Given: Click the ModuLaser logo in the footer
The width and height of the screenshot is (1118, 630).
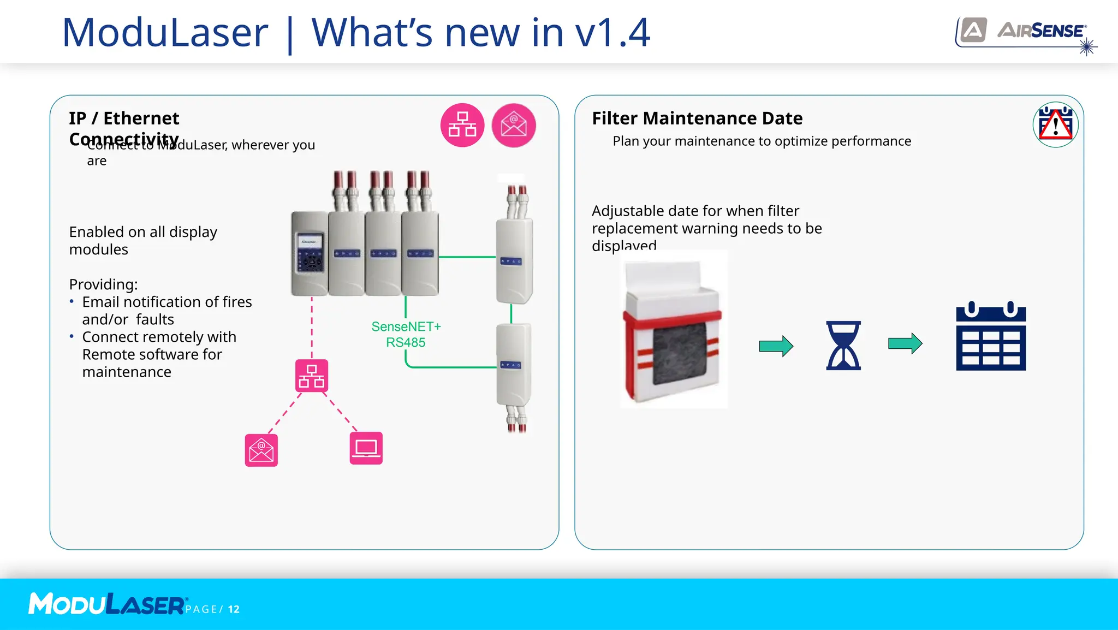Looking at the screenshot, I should pyautogui.click(x=107, y=604).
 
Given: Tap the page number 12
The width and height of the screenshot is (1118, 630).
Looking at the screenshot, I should pyautogui.click(x=234, y=609).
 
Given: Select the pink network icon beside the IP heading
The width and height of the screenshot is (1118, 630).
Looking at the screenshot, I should pyautogui.click(x=462, y=125).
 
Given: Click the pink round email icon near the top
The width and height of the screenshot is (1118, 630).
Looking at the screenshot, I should pyautogui.click(x=514, y=125).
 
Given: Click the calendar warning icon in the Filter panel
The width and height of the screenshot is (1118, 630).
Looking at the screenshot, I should pyautogui.click(x=1055, y=124).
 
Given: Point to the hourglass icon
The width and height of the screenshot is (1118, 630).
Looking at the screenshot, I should pyautogui.click(x=843, y=345).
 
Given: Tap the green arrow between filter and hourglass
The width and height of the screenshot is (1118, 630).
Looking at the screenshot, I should pyautogui.click(x=776, y=346).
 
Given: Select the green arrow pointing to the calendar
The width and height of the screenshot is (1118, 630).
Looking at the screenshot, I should pyautogui.click(x=905, y=343).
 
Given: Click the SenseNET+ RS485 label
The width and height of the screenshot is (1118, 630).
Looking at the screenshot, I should pyautogui.click(x=406, y=334).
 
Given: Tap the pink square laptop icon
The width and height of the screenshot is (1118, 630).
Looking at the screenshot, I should pyautogui.click(x=366, y=448).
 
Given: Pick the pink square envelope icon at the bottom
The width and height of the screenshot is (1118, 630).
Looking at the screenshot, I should pyautogui.click(x=261, y=450).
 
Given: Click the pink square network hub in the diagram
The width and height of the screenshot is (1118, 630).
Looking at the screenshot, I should pyautogui.click(x=312, y=376).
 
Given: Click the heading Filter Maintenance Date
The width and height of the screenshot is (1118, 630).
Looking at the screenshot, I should pyautogui.click(x=697, y=118).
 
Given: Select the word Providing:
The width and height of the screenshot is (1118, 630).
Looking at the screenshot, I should pyautogui.click(x=103, y=284).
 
